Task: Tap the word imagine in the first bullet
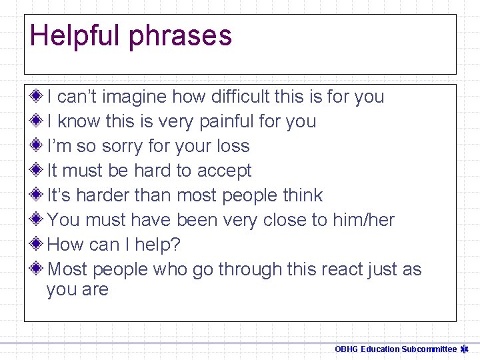[x=137, y=97]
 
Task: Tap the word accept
[x=224, y=171]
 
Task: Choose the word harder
[x=108, y=195]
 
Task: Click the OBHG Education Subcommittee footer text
[x=395, y=349]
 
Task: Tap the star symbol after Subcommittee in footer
[x=465, y=349]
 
